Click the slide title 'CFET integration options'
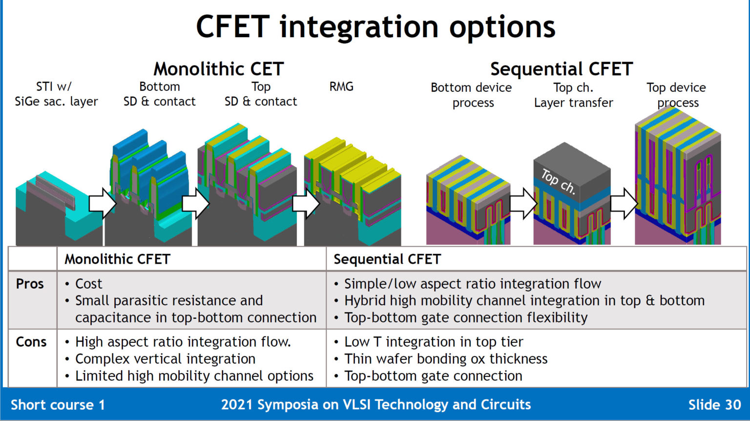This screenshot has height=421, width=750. (375, 27)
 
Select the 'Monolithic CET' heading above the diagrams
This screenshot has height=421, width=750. (218, 69)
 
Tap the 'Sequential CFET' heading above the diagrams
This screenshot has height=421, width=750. (562, 69)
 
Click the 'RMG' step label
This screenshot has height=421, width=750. (341, 87)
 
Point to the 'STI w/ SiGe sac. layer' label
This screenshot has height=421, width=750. (56, 94)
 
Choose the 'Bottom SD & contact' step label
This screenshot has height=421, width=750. (159, 94)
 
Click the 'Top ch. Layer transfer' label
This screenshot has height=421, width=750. (573, 95)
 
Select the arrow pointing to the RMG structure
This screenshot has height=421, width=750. (306, 203)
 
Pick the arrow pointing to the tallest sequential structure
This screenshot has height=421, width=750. (624, 203)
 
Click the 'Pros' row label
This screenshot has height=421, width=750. (30, 284)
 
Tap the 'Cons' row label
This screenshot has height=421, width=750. (31, 342)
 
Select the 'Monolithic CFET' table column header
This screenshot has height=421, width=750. (117, 259)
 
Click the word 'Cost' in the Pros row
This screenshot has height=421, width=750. (88, 284)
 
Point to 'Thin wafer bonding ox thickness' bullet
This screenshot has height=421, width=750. (445, 359)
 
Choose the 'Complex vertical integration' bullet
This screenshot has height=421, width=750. (165, 359)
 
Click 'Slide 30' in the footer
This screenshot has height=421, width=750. (714, 405)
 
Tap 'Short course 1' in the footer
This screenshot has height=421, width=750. (58, 405)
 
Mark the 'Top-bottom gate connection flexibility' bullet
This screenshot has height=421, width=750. (465, 317)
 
